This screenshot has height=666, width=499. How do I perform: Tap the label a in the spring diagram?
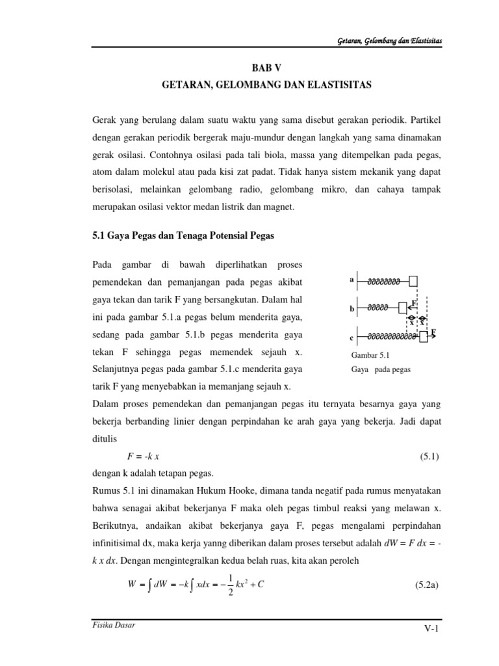[x=352, y=280]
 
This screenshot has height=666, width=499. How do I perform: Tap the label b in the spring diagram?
[x=352, y=309]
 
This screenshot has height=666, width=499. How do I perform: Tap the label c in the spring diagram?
[x=352, y=338]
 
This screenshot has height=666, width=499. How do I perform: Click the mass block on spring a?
[x=413, y=281]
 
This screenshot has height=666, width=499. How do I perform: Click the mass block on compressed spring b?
[x=403, y=306]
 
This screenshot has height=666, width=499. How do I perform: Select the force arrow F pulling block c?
[x=432, y=334]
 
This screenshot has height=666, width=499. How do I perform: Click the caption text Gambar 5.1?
[x=368, y=355]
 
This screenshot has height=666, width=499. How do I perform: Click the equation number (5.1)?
[x=429, y=457]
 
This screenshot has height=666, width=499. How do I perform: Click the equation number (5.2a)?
[x=427, y=585]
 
